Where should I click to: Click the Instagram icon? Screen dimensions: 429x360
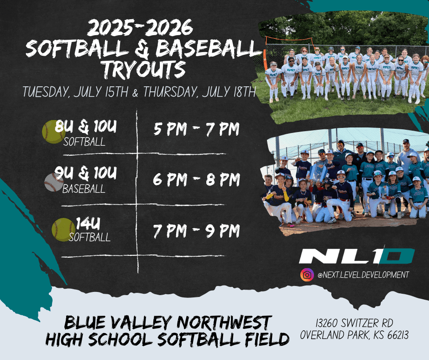[307, 275]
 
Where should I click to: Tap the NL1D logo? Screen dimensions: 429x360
[357, 256]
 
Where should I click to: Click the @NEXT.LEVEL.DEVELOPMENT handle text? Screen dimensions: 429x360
[363, 275]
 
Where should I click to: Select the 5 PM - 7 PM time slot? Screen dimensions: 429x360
[196, 129]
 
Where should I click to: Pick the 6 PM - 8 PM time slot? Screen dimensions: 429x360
[196, 179]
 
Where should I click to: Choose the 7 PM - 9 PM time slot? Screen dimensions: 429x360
[196, 231]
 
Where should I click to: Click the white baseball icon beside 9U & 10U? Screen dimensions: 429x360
[54, 182]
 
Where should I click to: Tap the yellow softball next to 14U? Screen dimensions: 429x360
[63, 230]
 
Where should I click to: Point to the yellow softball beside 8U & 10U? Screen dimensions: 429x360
[54, 132]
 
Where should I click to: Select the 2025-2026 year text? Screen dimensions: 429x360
[140, 28]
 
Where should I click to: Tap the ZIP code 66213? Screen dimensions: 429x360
[398, 335]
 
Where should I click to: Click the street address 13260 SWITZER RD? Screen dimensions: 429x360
[354, 323]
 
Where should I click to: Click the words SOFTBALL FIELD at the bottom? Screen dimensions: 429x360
[223, 339]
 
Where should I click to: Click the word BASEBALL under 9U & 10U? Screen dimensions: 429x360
[84, 189]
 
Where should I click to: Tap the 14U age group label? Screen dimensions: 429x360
[88, 223]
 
